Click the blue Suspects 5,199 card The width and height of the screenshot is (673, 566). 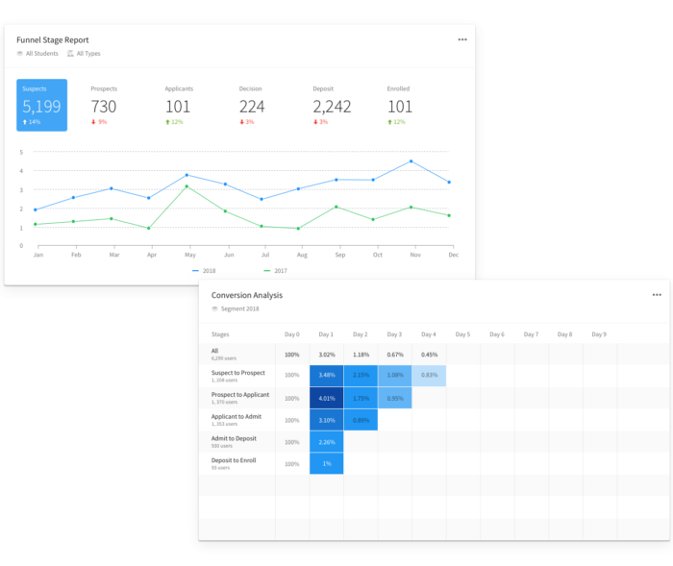41,105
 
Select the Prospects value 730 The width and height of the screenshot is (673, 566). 104,107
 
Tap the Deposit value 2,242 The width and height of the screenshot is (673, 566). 332,107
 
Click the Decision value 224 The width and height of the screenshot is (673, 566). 252,107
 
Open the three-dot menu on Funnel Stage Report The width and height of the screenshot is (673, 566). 462,39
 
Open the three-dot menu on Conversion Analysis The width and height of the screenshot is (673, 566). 657,295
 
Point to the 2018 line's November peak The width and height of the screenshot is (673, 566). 411,161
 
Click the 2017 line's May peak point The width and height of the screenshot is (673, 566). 187,186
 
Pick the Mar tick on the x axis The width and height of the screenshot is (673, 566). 113,256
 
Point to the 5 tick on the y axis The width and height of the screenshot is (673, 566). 21,152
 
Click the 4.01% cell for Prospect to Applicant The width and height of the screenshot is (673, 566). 326,397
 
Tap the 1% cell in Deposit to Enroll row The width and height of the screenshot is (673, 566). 326,463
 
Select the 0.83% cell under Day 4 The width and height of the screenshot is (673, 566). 429,375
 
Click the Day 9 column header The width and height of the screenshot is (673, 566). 599,334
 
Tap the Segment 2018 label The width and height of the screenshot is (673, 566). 240,309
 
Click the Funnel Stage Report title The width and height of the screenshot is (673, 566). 53,40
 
